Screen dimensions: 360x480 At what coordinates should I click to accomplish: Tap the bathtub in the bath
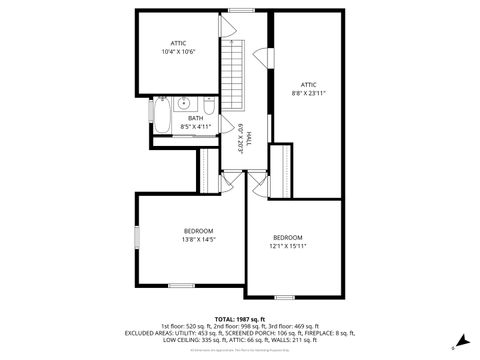(163, 116)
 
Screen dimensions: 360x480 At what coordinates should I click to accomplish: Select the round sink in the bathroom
(185, 103)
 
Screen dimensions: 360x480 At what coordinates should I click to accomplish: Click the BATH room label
(194, 118)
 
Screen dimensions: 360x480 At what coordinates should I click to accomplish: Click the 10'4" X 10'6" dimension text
(178, 51)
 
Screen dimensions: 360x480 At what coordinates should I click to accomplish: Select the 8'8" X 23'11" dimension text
(309, 93)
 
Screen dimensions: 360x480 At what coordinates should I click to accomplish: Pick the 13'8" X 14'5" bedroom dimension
(198, 240)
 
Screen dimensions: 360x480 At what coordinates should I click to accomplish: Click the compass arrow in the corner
(460, 341)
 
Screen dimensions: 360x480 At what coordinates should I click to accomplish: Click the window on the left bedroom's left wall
(137, 239)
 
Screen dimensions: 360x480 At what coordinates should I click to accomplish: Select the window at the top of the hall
(239, 11)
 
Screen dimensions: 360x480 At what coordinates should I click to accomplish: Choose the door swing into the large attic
(264, 57)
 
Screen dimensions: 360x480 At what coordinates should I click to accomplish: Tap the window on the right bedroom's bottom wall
(285, 297)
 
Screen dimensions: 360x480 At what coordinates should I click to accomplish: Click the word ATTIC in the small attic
(178, 43)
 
